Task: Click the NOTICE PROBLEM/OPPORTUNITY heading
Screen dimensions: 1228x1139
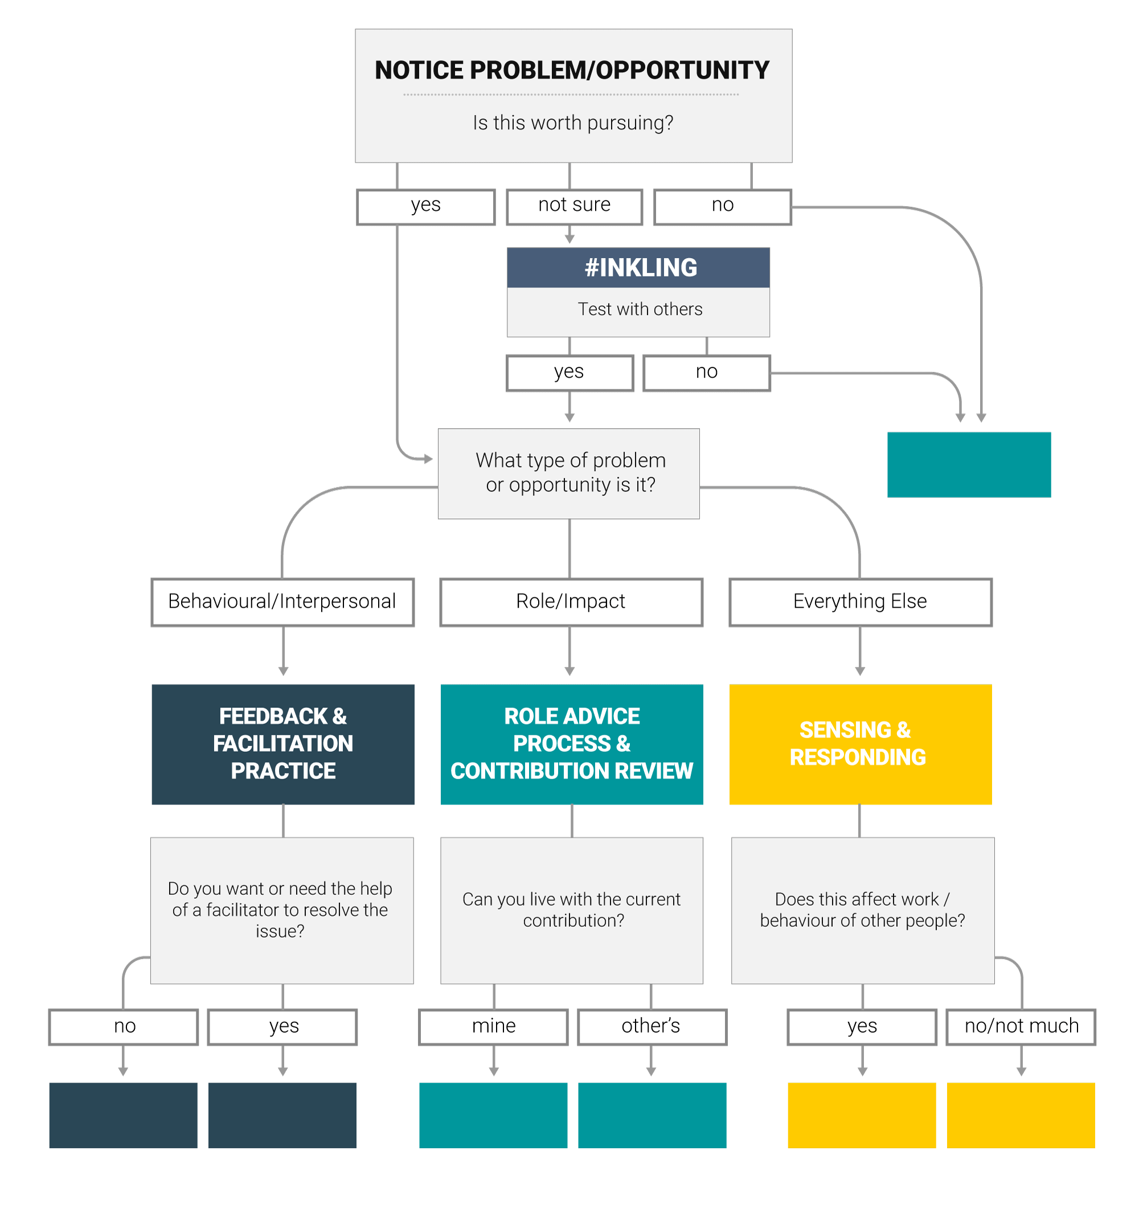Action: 571,70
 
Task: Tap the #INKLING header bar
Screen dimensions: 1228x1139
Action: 638,268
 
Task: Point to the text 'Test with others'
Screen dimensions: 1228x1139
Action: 639,309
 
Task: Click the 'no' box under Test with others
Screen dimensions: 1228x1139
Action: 706,373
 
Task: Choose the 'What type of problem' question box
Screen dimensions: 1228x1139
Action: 569,473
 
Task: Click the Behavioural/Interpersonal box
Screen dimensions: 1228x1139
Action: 282,601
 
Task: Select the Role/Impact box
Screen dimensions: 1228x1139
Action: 571,601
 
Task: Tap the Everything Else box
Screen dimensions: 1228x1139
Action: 860,601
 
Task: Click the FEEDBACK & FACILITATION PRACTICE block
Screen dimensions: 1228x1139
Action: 282,743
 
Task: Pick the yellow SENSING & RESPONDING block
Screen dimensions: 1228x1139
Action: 860,743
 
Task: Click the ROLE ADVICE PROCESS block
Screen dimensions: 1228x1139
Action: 571,743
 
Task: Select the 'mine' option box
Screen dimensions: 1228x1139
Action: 493,1026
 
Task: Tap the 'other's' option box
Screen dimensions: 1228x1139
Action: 652,1026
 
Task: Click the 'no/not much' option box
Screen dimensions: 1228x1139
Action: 1021,1026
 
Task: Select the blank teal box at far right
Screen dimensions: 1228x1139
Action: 968,464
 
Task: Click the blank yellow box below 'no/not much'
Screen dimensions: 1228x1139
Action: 1020,1115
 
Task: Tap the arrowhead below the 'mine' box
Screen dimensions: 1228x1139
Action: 494,1072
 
